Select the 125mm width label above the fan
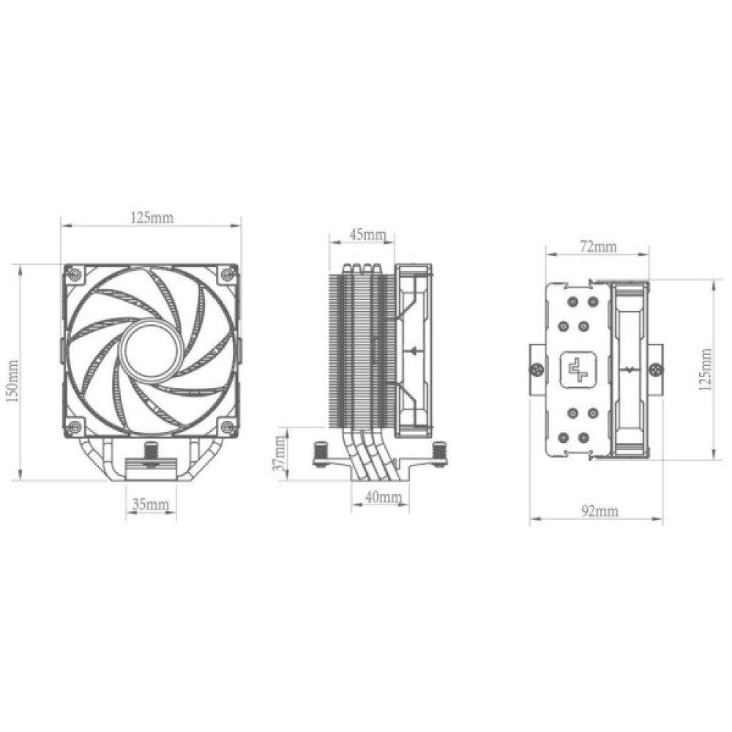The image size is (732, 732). point(152,217)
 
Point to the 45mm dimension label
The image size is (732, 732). point(367,235)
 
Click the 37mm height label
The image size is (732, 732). point(279,455)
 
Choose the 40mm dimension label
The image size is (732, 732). point(383,498)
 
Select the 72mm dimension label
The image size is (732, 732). point(597,247)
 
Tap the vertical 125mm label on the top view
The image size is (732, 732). point(706,370)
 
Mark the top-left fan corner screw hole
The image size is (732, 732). point(73,274)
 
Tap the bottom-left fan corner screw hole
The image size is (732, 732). point(73,427)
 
